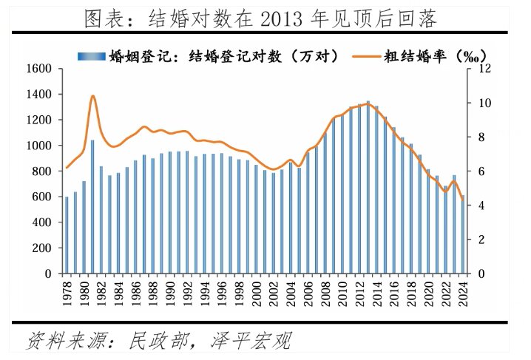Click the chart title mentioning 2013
click(x=265, y=16)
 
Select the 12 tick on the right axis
click(x=484, y=69)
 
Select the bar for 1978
click(x=67, y=235)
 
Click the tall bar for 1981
click(x=92, y=207)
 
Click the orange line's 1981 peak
click(x=92, y=96)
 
